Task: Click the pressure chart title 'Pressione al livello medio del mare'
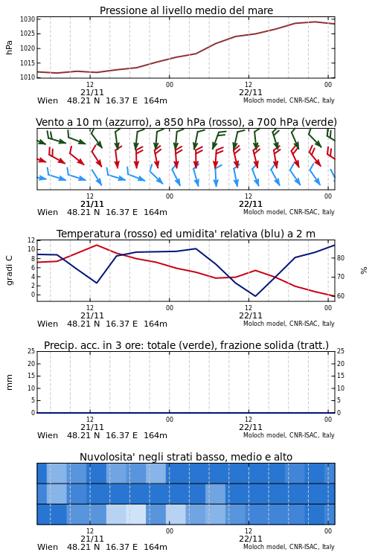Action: [x=186, y=10]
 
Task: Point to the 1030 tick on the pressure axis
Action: [x=28, y=19]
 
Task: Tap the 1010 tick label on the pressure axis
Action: [x=28, y=77]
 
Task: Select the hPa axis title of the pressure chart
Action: [x=9, y=48]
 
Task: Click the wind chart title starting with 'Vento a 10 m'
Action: [x=186, y=123]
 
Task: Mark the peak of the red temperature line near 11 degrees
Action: [x=97, y=245]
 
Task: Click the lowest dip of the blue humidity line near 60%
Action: [x=255, y=295]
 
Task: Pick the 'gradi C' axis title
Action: [x=10, y=270]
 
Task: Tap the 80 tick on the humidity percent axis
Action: [x=341, y=258]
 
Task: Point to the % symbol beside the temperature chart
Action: [x=364, y=271]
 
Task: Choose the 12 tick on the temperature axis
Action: [x=32, y=240]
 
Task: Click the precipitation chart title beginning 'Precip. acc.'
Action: [x=186, y=345]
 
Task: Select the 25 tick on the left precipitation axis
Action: [x=32, y=351]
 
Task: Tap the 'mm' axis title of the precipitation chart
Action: [x=10, y=382]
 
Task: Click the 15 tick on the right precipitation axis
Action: [x=341, y=376]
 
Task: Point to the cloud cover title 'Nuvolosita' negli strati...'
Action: [x=186, y=457]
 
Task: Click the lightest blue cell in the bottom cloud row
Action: [x=136, y=514]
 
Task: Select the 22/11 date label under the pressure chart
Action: [x=251, y=92]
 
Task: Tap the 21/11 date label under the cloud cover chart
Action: [x=92, y=539]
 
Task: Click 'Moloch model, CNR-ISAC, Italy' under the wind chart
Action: [x=289, y=212]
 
